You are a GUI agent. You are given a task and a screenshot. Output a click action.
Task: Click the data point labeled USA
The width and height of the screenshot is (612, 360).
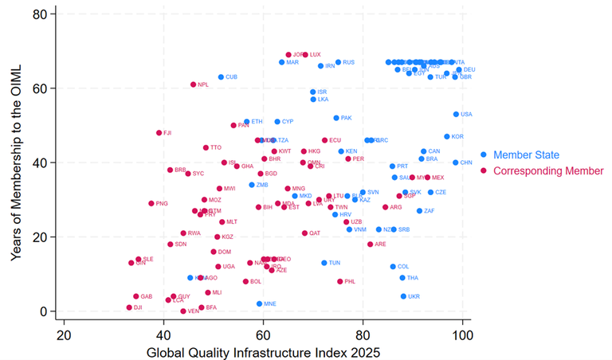click(457, 114)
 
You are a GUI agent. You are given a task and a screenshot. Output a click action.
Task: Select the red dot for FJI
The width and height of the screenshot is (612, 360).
click(159, 133)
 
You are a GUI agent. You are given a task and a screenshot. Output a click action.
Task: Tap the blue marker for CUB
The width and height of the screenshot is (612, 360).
click(222, 77)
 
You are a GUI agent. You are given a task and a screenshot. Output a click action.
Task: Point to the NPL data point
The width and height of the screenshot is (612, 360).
click(194, 84)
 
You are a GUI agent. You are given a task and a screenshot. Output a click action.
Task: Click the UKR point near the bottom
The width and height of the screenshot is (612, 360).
click(403, 296)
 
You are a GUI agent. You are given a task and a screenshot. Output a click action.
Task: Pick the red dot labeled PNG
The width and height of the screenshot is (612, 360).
click(151, 203)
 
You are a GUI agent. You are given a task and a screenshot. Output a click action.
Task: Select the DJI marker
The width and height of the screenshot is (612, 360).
click(129, 307)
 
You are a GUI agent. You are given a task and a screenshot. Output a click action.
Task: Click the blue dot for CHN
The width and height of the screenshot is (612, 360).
click(456, 162)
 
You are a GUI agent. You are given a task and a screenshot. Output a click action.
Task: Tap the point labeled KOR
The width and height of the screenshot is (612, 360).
click(447, 136)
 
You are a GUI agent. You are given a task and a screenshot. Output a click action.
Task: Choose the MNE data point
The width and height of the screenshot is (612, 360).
click(259, 303)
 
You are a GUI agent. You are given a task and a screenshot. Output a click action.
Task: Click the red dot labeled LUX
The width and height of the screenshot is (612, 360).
click(305, 55)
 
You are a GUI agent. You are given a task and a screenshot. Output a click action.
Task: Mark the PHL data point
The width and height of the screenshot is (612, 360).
click(340, 281)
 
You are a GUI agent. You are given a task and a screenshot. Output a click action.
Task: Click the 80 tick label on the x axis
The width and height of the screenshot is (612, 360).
click(363, 334)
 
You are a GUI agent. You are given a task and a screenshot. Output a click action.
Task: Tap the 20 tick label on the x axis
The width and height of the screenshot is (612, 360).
click(64, 334)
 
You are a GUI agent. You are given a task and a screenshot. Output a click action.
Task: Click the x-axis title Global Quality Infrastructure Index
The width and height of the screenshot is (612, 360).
click(263, 351)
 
